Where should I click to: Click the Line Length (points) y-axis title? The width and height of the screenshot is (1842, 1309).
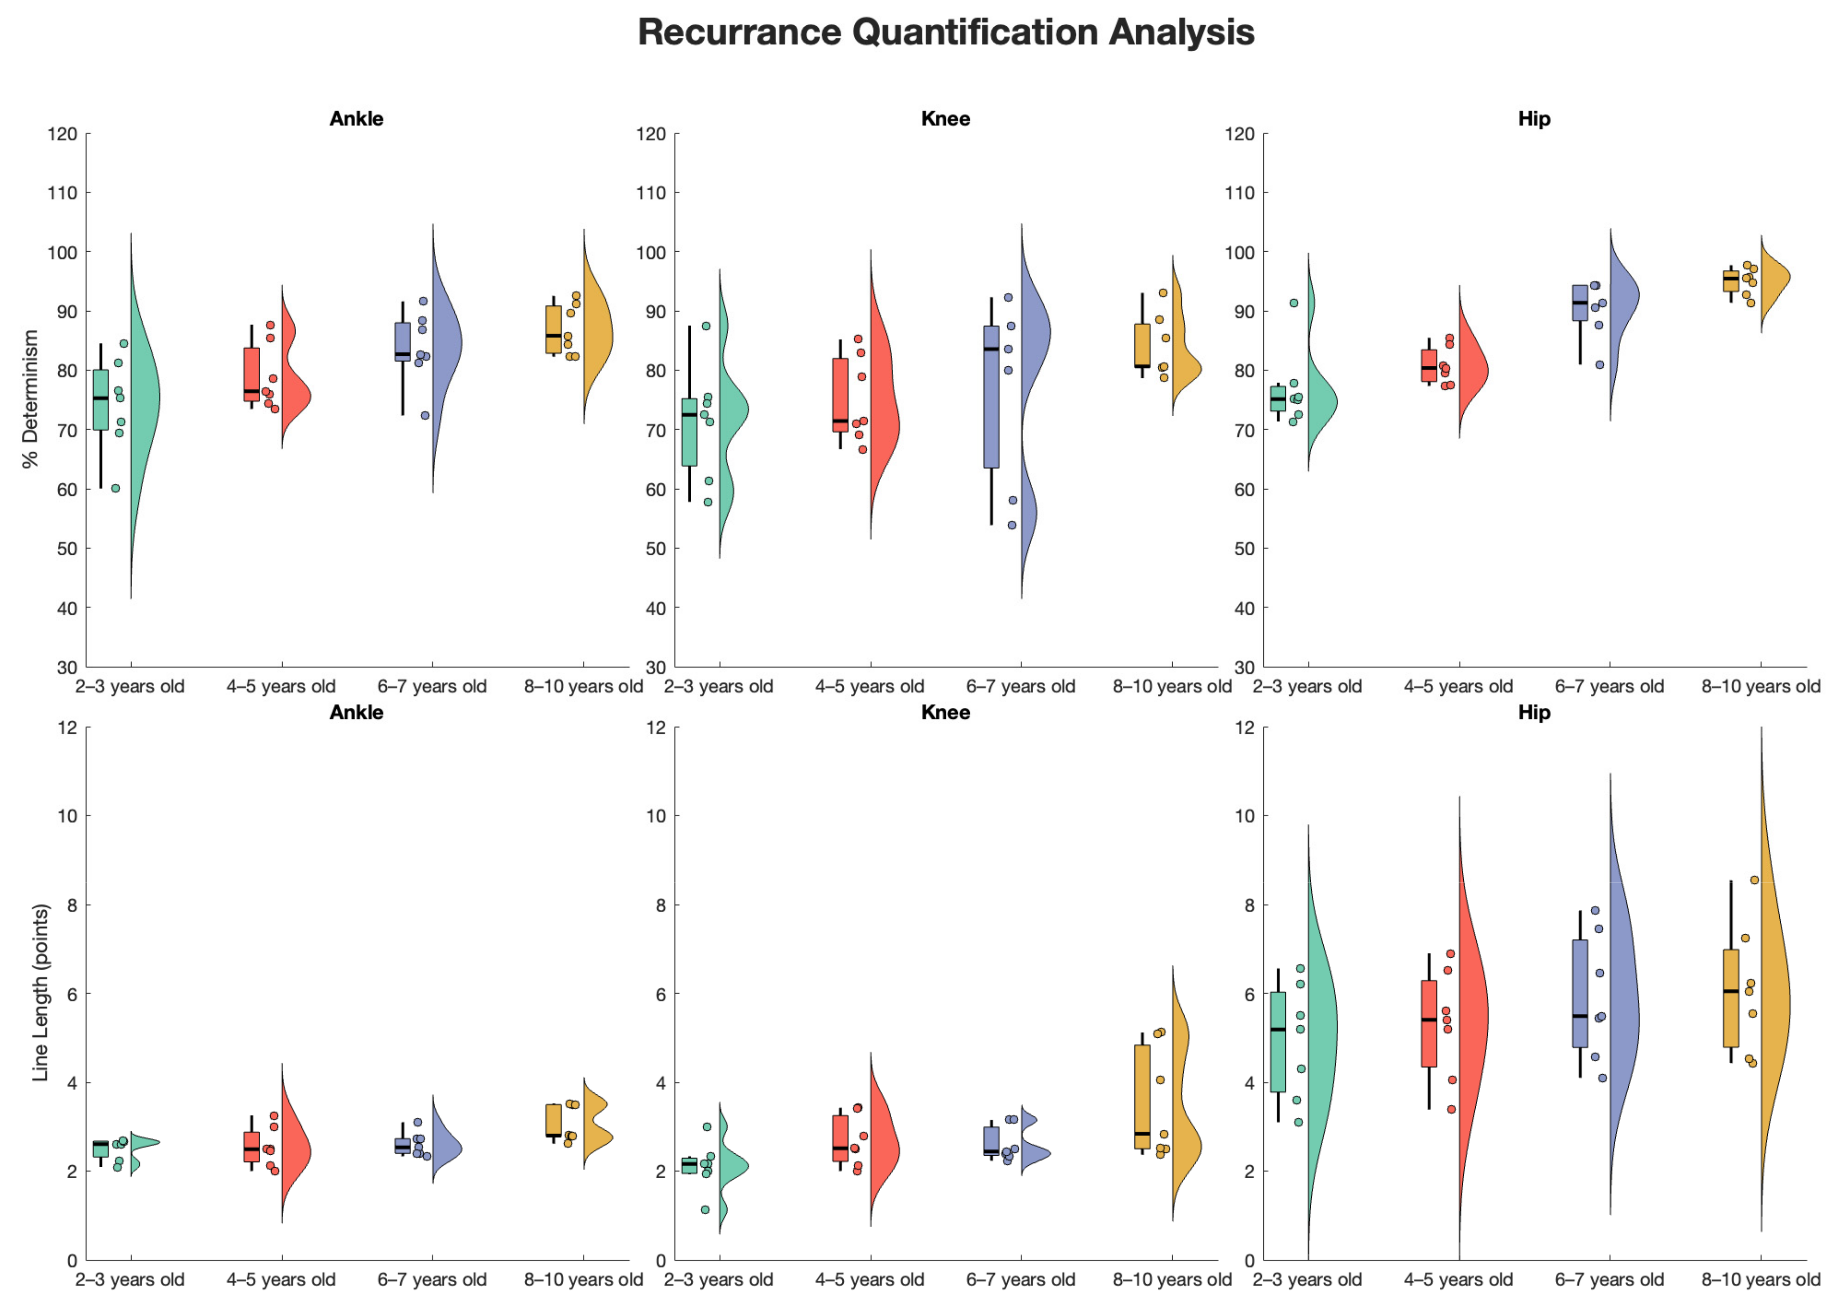tap(40, 992)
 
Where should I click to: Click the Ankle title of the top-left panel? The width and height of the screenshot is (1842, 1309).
tap(356, 119)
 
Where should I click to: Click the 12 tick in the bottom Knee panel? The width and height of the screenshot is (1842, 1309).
tap(656, 728)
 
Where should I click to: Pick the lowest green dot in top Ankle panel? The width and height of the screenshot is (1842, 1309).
tap(115, 488)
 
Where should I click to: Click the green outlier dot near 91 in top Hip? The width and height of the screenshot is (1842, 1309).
tap(1294, 303)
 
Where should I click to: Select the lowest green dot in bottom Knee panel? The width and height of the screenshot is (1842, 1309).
tap(705, 1210)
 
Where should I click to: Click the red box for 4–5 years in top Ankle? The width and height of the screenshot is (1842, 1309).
tap(252, 374)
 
